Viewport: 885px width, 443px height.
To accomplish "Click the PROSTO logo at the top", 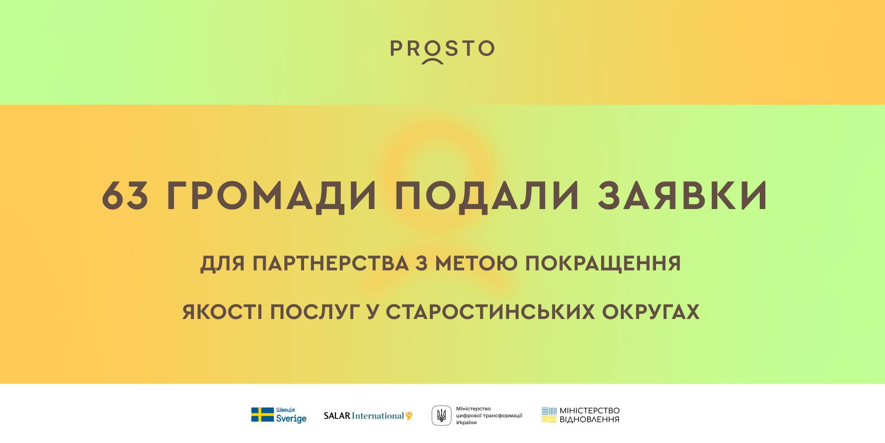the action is (442, 50).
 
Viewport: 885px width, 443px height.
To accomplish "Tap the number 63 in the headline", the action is (125, 195).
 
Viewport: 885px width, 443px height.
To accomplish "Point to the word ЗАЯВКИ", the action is (683, 195).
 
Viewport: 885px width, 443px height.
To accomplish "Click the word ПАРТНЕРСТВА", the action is (330, 264).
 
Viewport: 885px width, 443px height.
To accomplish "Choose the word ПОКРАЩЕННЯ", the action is (603, 264).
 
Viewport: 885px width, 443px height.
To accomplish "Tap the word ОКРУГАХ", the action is (651, 312).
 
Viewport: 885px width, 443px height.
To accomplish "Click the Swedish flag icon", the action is (262, 415).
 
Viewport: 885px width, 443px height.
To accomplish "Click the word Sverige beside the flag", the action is (291, 419).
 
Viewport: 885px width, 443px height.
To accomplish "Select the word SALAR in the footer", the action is (337, 416).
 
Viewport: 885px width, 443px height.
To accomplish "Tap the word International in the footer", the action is (378, 416).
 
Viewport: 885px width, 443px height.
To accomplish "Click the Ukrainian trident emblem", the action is (442, 415).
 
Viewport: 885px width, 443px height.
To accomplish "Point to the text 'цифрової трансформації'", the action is (489, 416).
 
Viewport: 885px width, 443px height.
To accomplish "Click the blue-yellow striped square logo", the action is (549, 415).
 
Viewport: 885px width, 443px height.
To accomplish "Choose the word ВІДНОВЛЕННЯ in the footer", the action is (589, 420).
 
